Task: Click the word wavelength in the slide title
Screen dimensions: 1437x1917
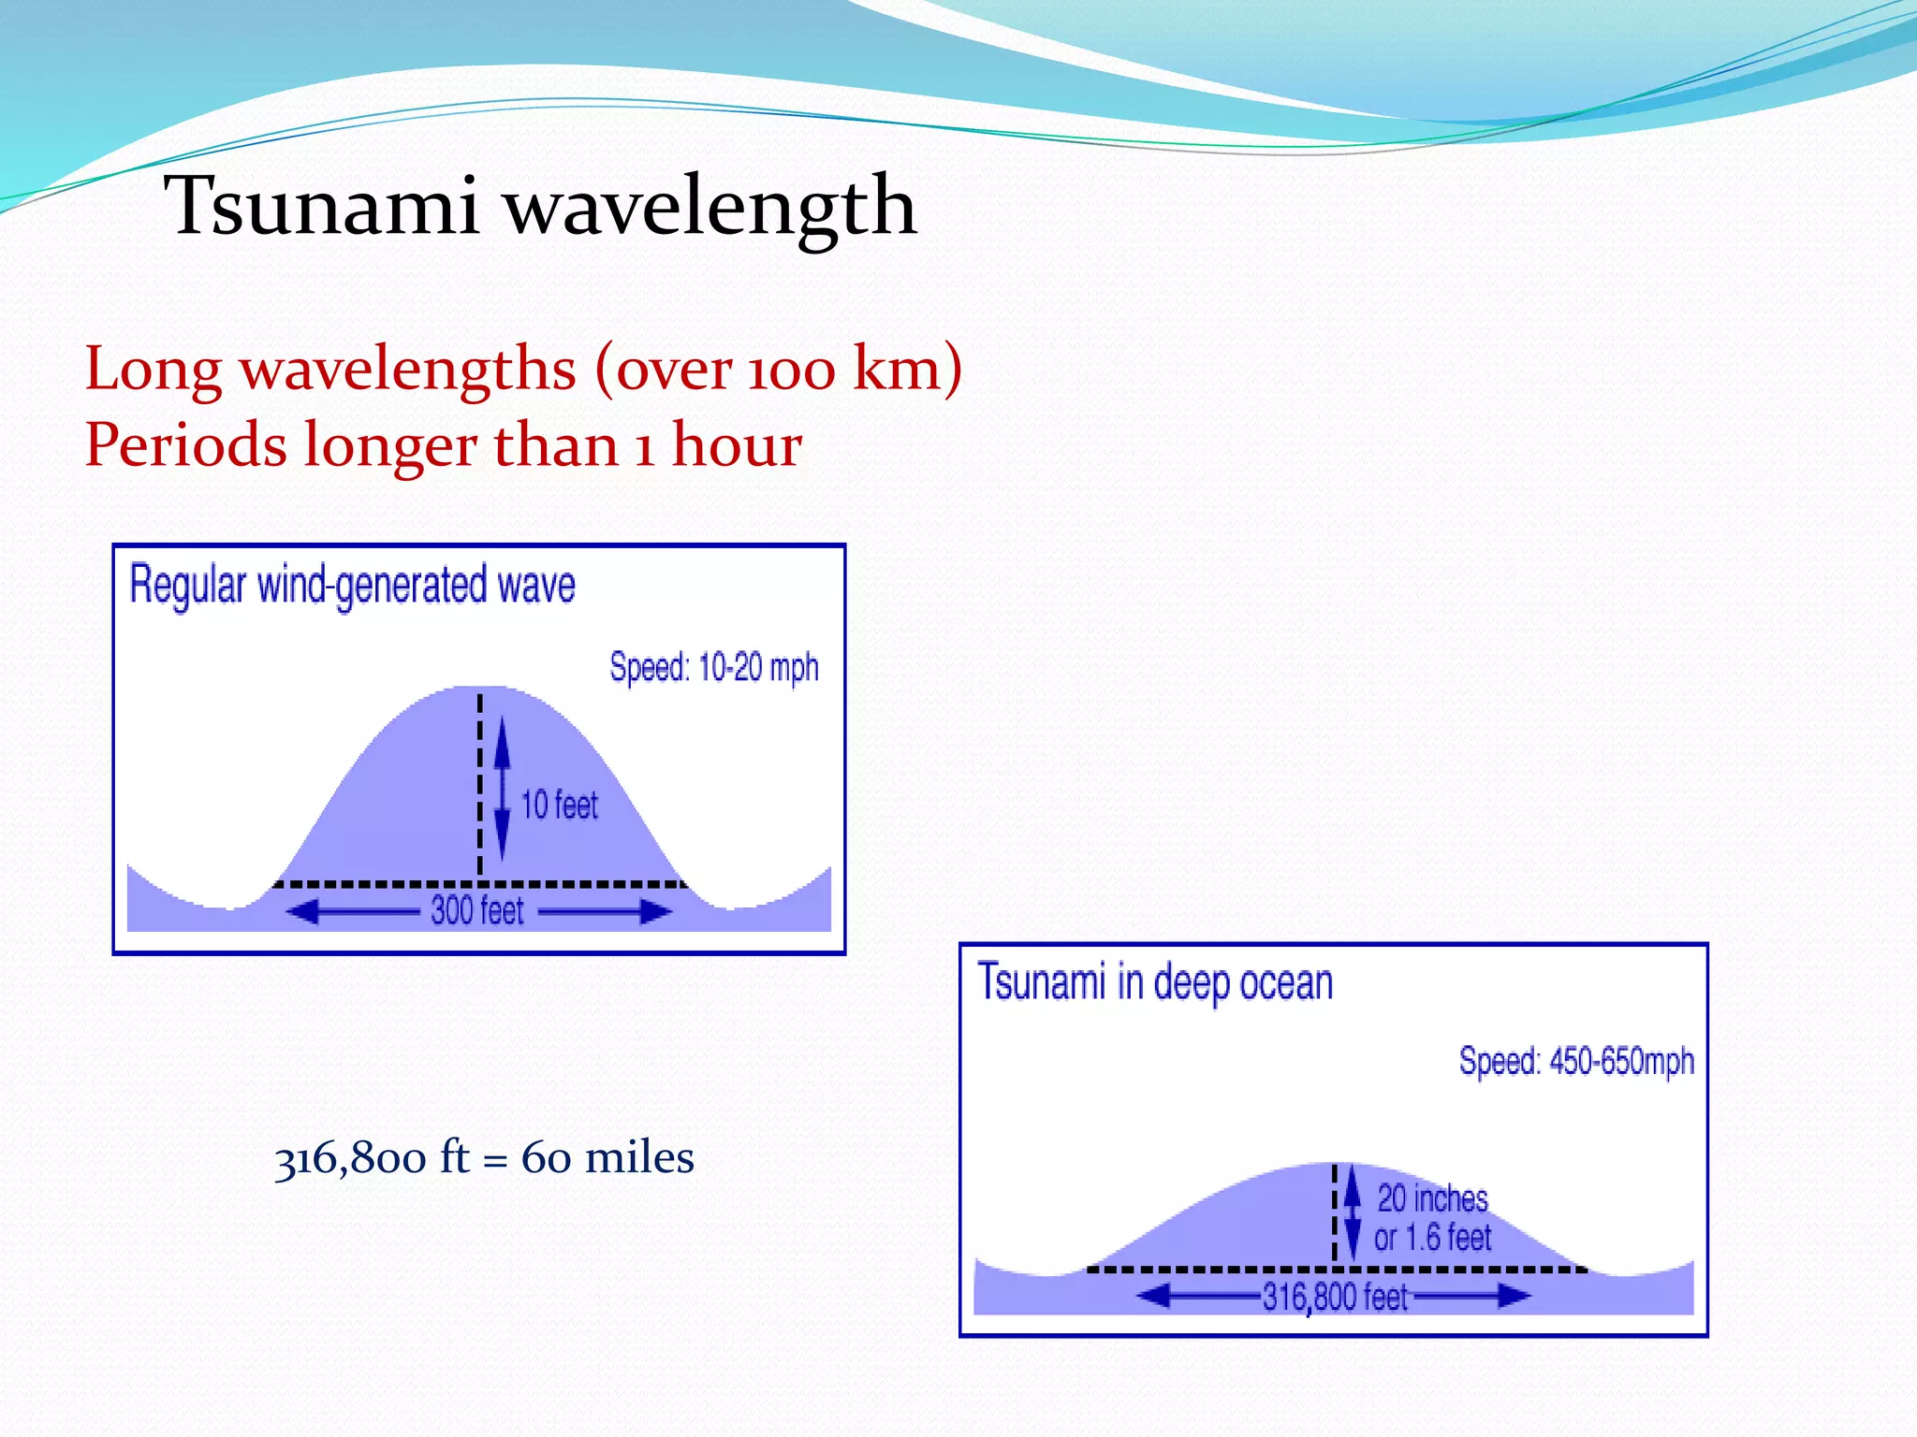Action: pos(711,207)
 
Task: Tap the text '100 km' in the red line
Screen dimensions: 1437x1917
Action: pos(842,369)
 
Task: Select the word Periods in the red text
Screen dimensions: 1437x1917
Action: pos(185,444)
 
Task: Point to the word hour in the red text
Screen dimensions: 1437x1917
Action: pos(737,444)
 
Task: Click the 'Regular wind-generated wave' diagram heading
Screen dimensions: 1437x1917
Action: pos(352,586)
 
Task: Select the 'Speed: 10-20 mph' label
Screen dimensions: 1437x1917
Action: pos(713,668)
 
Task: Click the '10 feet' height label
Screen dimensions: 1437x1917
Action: pos(559,805)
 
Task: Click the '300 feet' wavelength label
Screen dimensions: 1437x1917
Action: pos(476,910)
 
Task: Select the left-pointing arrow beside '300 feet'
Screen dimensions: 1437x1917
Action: pos(351,911)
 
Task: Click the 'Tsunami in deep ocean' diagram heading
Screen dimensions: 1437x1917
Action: pos(1155,983)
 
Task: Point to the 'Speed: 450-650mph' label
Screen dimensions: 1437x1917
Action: pos(1576,1062)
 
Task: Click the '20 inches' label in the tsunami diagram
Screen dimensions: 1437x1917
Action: pos(1432,1198)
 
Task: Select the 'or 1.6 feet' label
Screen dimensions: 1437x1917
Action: pos(1432,1238)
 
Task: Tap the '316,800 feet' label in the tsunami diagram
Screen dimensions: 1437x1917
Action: pos(1335,1297)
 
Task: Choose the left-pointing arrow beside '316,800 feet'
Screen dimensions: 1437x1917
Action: pos(1198,1296)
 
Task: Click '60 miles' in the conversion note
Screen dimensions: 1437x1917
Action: pos(607,1158)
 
